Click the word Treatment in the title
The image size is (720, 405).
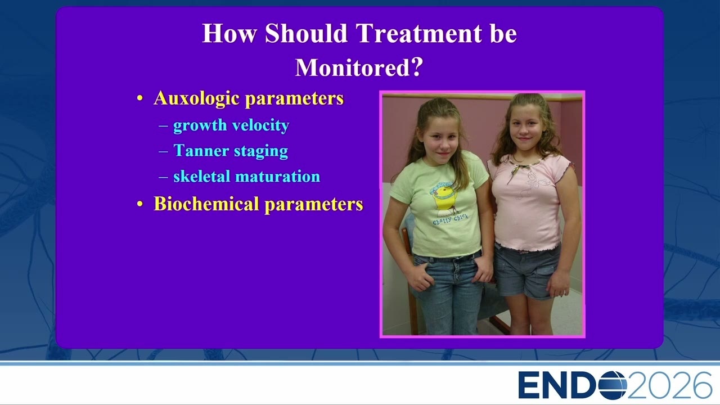[x=419, y=33]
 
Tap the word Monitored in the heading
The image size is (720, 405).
[x=353, y=67]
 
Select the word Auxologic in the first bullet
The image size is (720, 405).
[x=196, y=98]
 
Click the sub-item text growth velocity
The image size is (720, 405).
[x=231, y=125]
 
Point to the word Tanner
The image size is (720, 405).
[x=201, y=150]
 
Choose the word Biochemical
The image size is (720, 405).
[x=206, y=204]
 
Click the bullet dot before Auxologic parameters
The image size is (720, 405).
[x=139, y=98]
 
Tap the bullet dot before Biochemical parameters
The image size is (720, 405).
[x=139, y=204]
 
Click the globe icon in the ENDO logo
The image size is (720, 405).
[x=613, y=385]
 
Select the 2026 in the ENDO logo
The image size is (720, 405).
[x=670, y=385]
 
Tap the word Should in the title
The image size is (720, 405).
[x=306, y=33]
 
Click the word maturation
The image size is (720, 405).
[x=278, y=176]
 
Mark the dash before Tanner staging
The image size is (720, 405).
[x=163, y=151]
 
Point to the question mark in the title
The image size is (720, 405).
[x=417, y=67]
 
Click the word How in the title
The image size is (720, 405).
[x=229, y=33]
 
